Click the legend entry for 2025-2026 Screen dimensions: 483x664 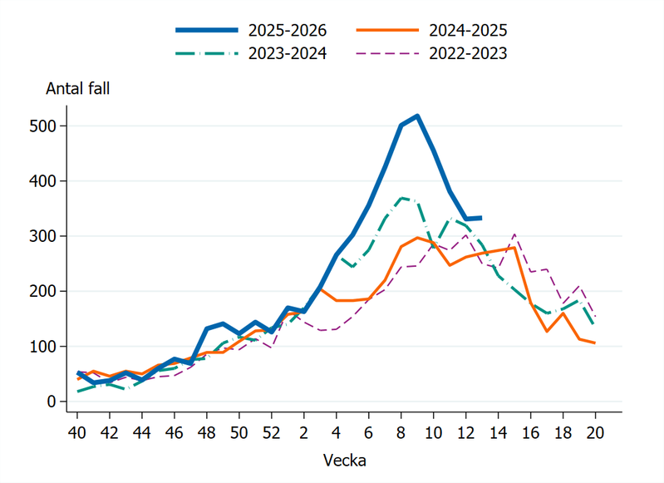tap(285, 31)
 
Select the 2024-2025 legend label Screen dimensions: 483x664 tap(468, 31)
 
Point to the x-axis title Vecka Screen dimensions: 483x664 tap(344, 459)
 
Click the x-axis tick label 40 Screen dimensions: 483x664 tap(77, 433)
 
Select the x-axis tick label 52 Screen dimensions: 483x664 tap(272, 433)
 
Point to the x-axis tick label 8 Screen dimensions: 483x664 tap(401, 433)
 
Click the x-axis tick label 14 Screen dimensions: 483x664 tap(499, 433)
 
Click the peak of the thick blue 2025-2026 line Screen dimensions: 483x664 tap(417, 116)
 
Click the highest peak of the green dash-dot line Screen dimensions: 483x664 tap(401, 198)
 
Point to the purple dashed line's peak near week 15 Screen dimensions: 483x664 tap(514, 234)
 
